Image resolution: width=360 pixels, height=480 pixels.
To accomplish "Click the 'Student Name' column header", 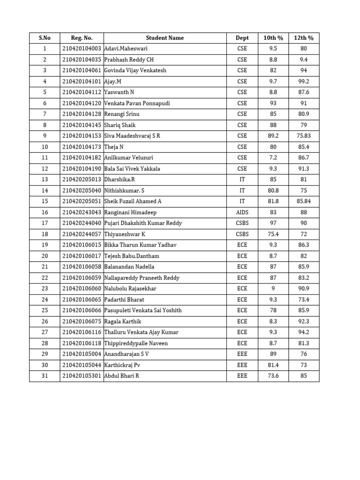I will coord(165,38).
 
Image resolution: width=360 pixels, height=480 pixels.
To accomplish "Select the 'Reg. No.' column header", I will coord(82,38).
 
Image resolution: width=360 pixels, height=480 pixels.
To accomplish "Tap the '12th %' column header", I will coord(304,38).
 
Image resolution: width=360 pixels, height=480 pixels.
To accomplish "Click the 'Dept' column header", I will coord(242,38).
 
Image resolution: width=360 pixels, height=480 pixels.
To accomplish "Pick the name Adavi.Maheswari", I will coord(126,49).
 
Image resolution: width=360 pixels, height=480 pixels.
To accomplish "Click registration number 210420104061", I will coord(82,71).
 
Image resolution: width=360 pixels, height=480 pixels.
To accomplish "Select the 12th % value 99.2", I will coord(304,82).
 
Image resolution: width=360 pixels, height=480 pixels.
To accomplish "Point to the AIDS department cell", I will coord(242,212).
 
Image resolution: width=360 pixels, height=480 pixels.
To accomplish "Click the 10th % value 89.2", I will coord(273,136).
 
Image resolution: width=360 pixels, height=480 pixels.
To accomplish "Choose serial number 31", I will coord(45,376).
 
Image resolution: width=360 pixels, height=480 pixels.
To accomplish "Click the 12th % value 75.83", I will coord(304,136).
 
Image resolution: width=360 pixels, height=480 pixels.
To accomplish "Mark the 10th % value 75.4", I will coord(273,234).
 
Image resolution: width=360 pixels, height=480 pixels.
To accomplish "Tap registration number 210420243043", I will coord(82,212).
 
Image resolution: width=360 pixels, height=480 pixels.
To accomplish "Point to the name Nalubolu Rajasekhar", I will coord(130,289).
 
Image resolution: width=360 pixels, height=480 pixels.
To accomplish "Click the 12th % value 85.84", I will coord(304,202).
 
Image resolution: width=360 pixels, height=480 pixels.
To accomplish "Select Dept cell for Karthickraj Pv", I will coord(242,365).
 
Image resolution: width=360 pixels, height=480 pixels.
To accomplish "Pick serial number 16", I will coord(45,212).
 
